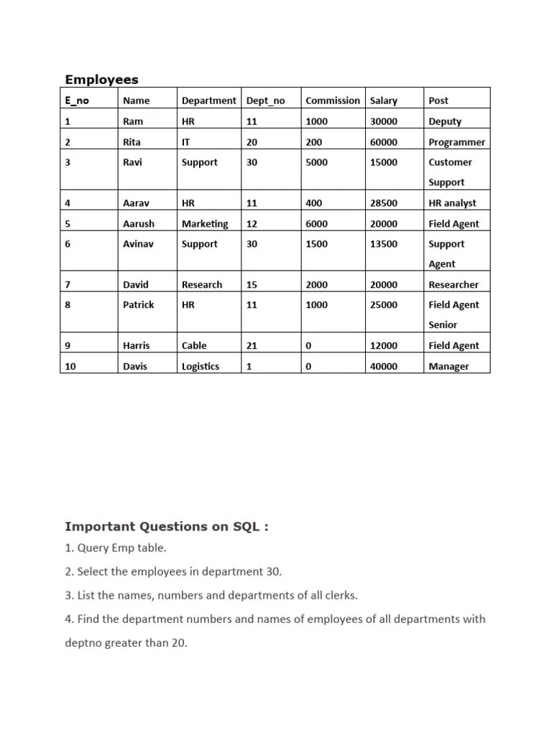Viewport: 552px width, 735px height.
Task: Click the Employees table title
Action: click(x=101, y=80)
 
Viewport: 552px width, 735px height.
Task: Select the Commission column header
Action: click(x=332, y=100)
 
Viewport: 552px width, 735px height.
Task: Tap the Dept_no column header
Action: click(x=265, y=100)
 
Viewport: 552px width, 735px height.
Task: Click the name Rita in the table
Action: click(x=132, y=142)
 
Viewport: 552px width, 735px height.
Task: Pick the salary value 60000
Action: click(x=383, y=142)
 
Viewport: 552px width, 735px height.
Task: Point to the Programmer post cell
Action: click(x=456, y=142)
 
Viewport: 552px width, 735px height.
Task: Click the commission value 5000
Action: click(x=316, y=162)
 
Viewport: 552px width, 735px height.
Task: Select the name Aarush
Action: click(x=139, y=224)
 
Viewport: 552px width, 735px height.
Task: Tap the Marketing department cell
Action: click(x=205, y=224)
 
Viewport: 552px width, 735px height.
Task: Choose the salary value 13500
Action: click(x=383, y=244)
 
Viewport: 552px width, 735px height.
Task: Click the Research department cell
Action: click(x=202, y=285)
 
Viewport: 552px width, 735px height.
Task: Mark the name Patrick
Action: click(x=139, y=305)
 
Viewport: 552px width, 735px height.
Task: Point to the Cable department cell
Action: click(x=194, y=345)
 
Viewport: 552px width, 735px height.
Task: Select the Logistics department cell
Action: click(x=201, y=366)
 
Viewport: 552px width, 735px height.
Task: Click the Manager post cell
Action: click(x=448, y=366)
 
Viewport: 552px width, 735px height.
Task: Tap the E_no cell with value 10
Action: click(x=70, y=366)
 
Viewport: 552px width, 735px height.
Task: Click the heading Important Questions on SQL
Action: click(x=167, y=527)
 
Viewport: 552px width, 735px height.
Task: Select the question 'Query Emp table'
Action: click(x=115, y=548)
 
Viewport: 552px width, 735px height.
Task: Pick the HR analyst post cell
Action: click(x=452, y=203)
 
